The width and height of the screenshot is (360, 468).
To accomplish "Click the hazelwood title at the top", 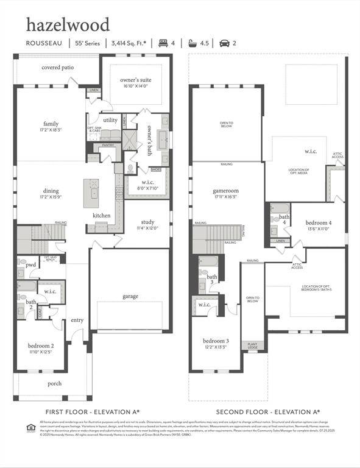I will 68,25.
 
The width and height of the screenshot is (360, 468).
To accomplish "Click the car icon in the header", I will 224,43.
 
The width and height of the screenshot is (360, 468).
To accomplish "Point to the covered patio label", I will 58,68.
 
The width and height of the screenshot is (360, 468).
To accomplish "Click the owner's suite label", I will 136,80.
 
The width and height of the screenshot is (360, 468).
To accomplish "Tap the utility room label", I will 110,121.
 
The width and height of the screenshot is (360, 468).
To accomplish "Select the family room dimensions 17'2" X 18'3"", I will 51,130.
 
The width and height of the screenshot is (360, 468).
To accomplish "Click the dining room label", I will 51,191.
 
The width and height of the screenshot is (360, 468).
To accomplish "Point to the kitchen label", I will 102,216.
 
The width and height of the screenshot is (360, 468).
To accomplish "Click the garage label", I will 130,296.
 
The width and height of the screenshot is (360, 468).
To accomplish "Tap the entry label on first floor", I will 77,320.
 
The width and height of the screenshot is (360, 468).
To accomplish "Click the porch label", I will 55,383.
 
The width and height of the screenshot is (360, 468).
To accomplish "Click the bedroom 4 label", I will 319,223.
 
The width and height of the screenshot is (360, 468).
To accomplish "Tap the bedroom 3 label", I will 216,341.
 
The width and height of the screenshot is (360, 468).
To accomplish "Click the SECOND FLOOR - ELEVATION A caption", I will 268,412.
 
